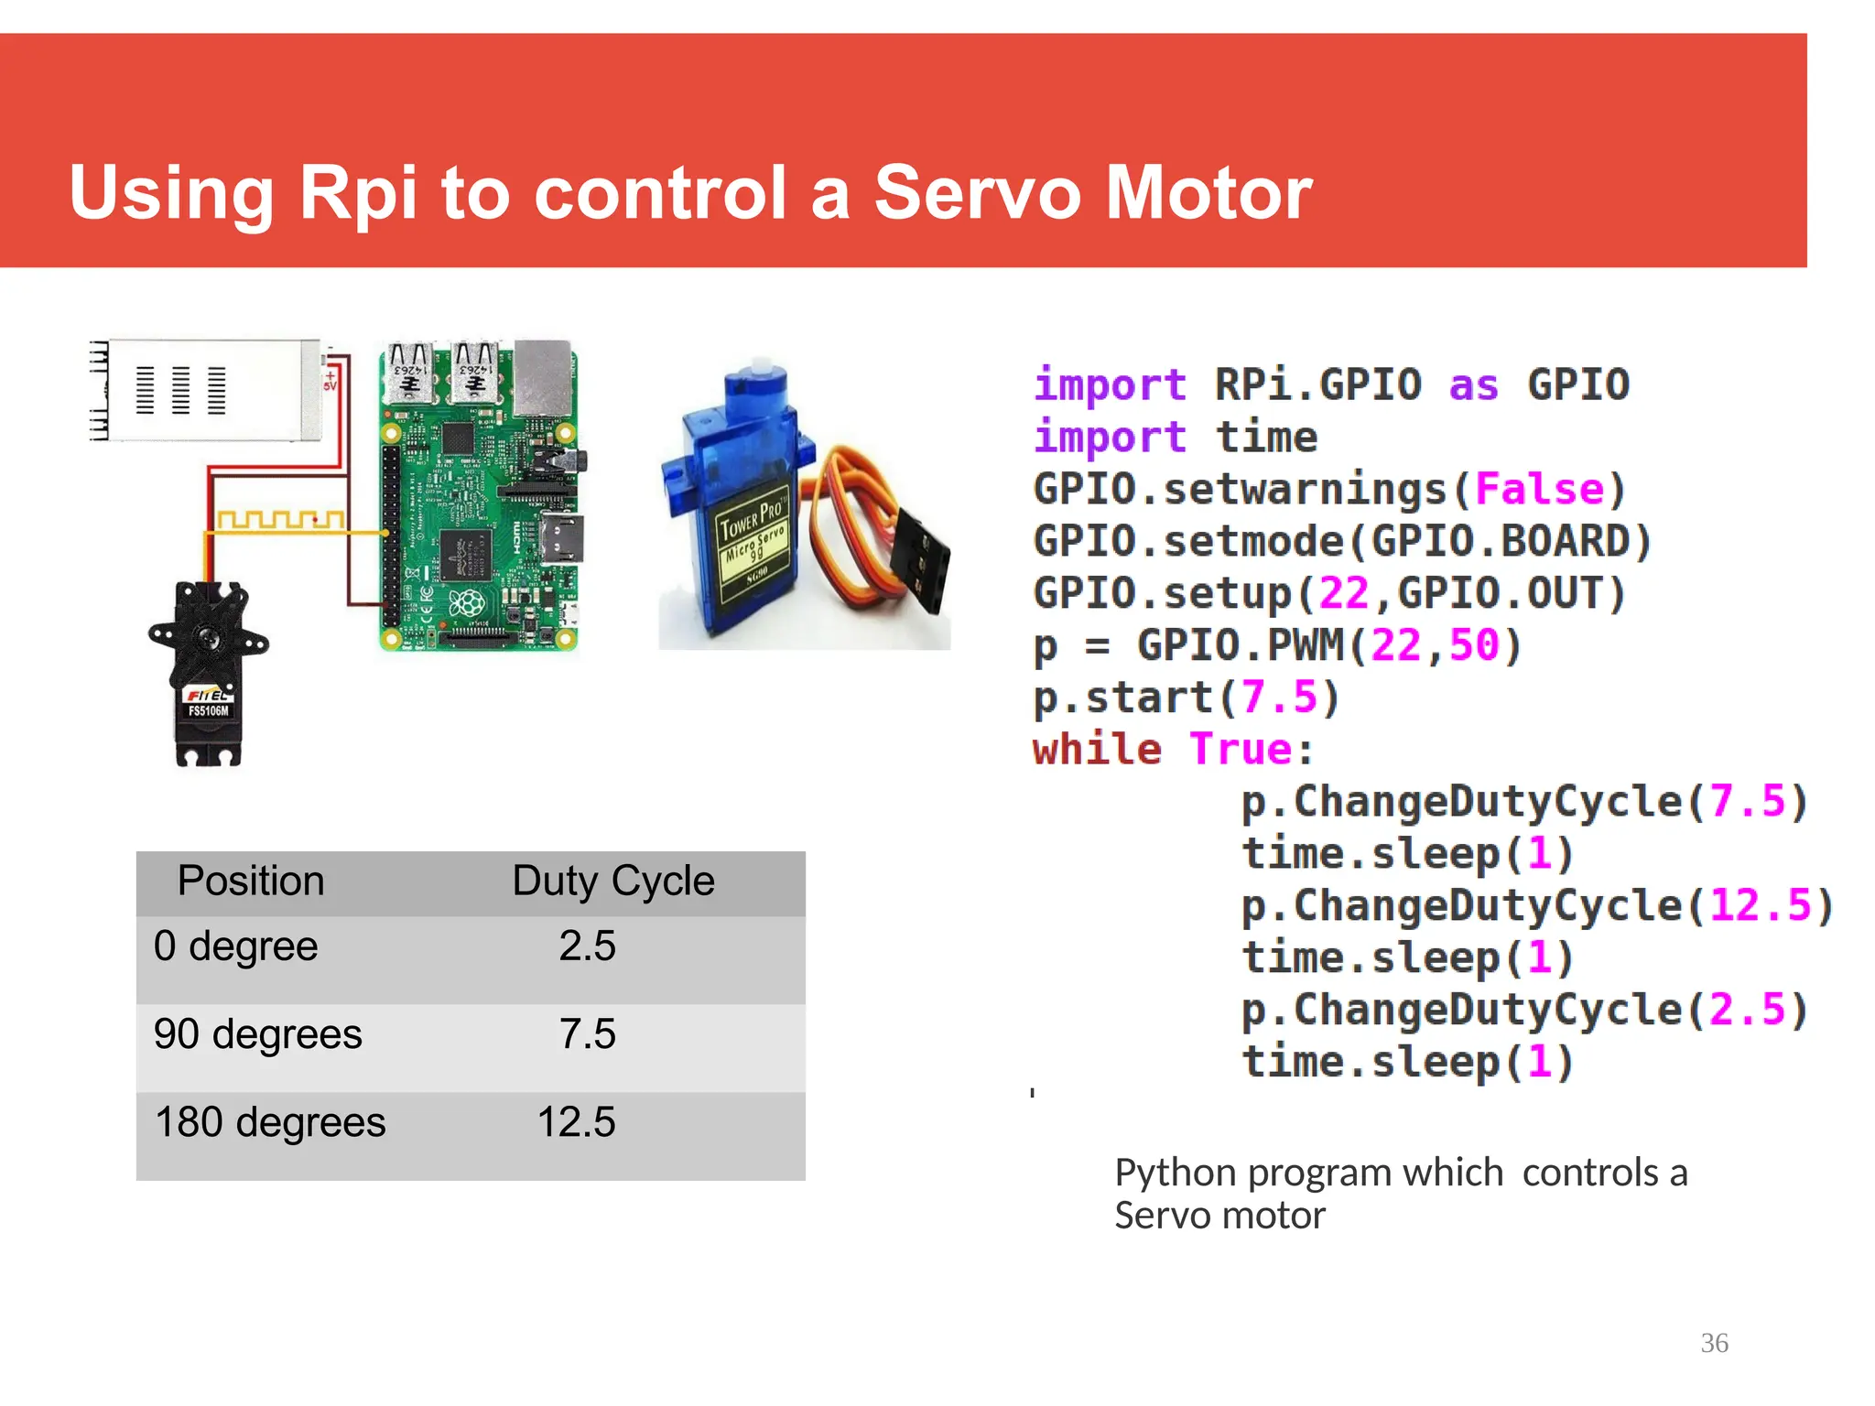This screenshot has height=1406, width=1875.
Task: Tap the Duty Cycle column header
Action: point(612,881)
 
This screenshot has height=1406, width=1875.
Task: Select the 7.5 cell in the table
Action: point(587,1034)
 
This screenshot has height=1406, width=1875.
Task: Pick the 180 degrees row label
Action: point(270,1122)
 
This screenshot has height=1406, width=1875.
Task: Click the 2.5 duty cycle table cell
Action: point(587,946)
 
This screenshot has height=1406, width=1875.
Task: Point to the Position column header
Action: point(250,881)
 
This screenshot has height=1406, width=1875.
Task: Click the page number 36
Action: point(1714,1343)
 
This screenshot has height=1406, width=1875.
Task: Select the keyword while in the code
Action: point(1097,750)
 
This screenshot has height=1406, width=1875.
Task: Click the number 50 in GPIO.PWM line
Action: point(1474,645)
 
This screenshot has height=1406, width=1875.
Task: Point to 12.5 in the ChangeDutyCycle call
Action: point(1760,906)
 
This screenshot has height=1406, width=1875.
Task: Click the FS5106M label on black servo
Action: point(208,711)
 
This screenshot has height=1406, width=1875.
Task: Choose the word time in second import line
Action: point(1266,437)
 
